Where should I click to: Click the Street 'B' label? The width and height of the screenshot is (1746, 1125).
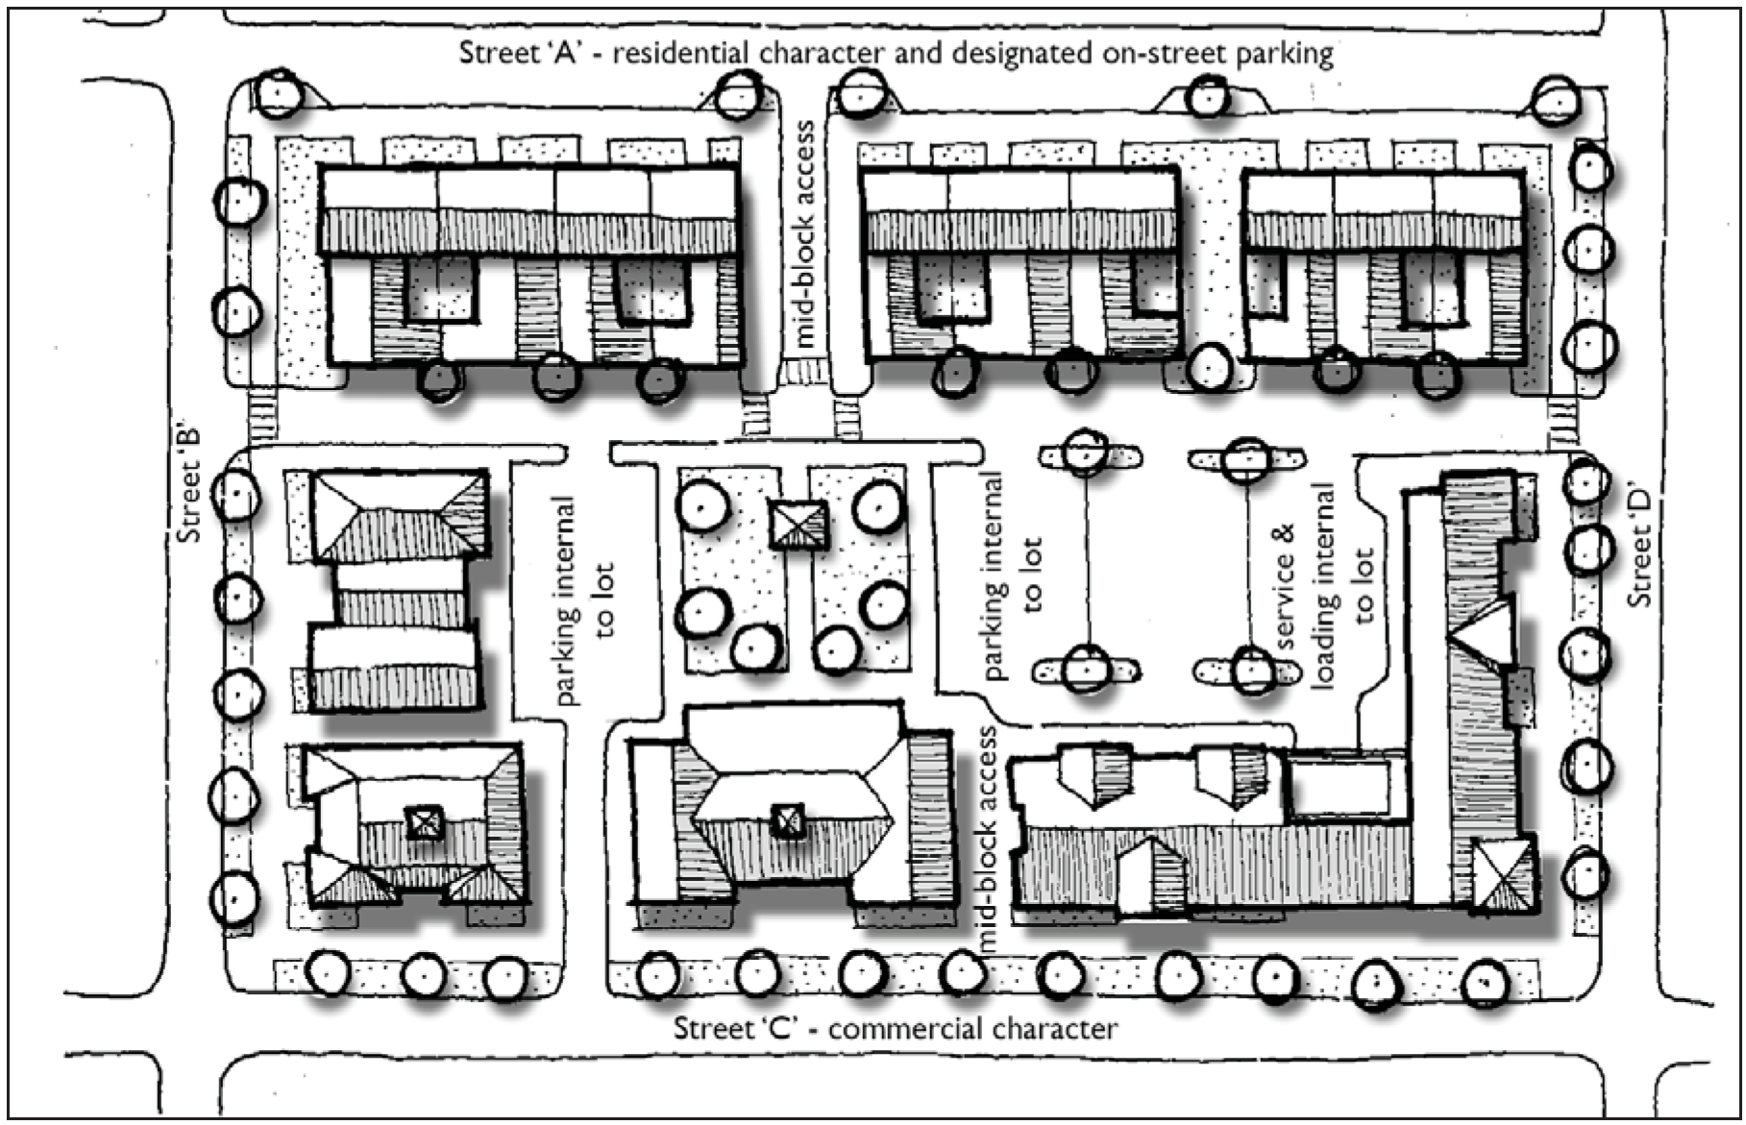click(x=189, y=484)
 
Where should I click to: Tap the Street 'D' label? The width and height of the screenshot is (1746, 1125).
click(x=1640, y=548)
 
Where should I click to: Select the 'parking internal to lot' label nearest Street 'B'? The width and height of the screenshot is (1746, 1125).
click(x=584, y=599)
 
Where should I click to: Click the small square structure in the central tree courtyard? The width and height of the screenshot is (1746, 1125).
click(x=798, y=524)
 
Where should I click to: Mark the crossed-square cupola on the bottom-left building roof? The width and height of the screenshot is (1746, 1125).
click(x=421, y=822)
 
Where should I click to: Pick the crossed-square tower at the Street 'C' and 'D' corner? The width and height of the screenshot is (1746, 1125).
click(x=1503, y=873)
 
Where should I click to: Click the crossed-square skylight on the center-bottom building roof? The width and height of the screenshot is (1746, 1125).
click(x=788, y=820)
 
